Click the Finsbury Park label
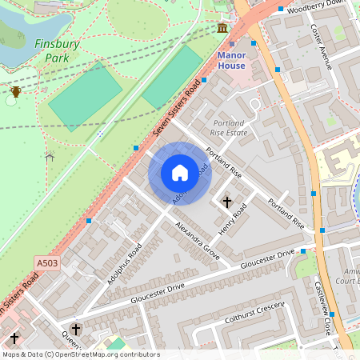click(x=57, y=51)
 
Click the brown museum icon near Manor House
click(x=222, y=29)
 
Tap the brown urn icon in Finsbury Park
click(x=15, y=92)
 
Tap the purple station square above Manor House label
click(x=232, y=44)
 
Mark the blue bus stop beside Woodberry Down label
click(x=281, y=10)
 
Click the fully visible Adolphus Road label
click(x=124, y=263)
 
